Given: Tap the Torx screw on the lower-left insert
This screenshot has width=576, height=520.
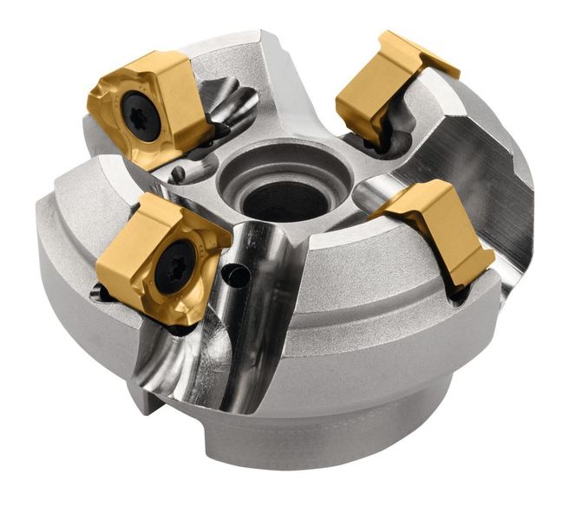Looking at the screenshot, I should pos(175,265).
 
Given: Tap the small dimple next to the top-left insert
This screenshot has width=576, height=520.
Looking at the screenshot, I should pos(177,174).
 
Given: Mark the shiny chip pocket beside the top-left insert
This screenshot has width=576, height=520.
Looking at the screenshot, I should pos(230,104).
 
